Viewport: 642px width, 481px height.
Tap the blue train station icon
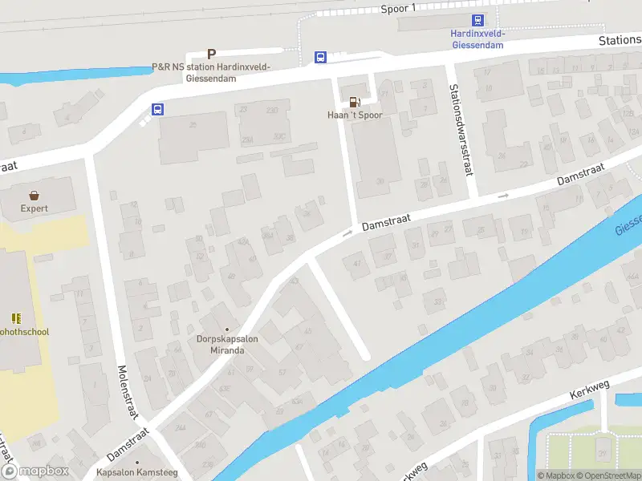point(477,22)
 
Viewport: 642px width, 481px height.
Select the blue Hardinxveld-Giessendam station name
point(477,39)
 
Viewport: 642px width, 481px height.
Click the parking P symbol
point(212,55)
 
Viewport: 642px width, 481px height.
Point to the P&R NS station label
point(211,72)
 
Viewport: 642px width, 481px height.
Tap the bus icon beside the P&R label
point(320,57)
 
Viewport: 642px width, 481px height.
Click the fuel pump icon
point(354,102)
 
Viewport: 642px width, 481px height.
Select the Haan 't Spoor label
point(355,115)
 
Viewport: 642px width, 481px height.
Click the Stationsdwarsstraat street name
point(461,130)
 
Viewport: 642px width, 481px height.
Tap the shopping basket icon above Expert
point(35,195)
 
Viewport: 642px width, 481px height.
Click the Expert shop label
point(35,208)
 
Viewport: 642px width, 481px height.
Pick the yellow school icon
point(16,318)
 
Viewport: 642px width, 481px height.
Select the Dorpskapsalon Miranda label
point(227,345)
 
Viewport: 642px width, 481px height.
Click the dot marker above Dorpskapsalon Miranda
point(227,329)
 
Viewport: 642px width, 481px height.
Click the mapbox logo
point(35,471)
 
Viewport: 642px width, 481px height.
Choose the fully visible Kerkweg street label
point(590,390)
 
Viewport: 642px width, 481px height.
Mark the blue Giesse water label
point(629,224)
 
